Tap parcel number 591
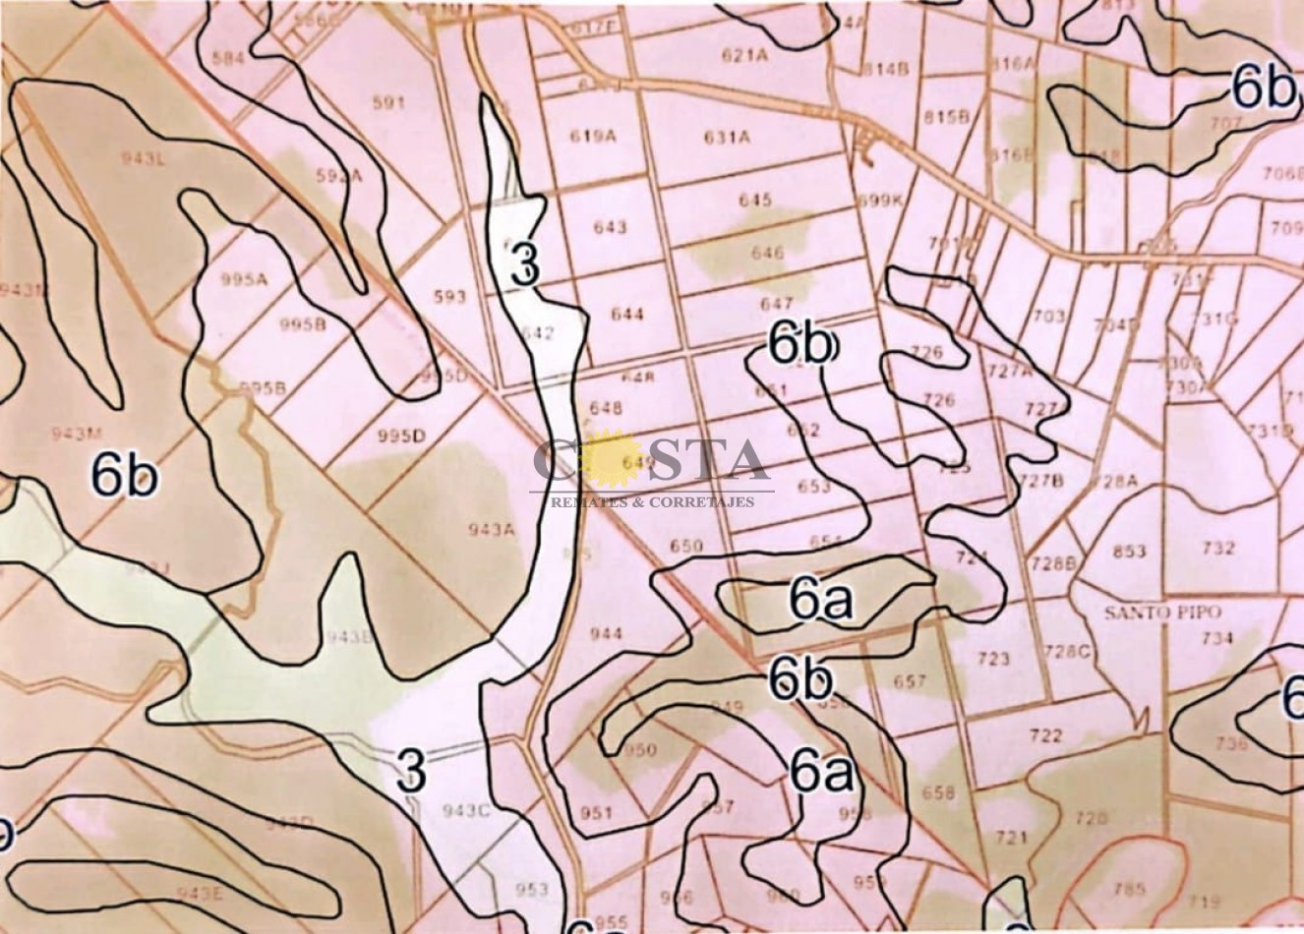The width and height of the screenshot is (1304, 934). [x=389, y=102]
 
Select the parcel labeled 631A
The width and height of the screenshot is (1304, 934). [x=727, y=138]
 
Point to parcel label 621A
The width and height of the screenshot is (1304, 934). [x=743, y=55]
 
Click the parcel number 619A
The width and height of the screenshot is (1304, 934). [x=592, y=137]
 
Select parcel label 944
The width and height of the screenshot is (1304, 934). [x=606, y=634]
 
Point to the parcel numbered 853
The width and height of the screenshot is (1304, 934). [x=1129, y=551]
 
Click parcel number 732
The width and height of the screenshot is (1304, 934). [x=1217, y=548]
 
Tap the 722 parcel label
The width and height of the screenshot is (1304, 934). [x=1046, y=735]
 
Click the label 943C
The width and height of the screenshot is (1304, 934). [x=466, y=811]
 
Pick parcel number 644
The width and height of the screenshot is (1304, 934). [x=626, y=315]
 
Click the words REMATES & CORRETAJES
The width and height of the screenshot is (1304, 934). [x=652, y=501]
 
